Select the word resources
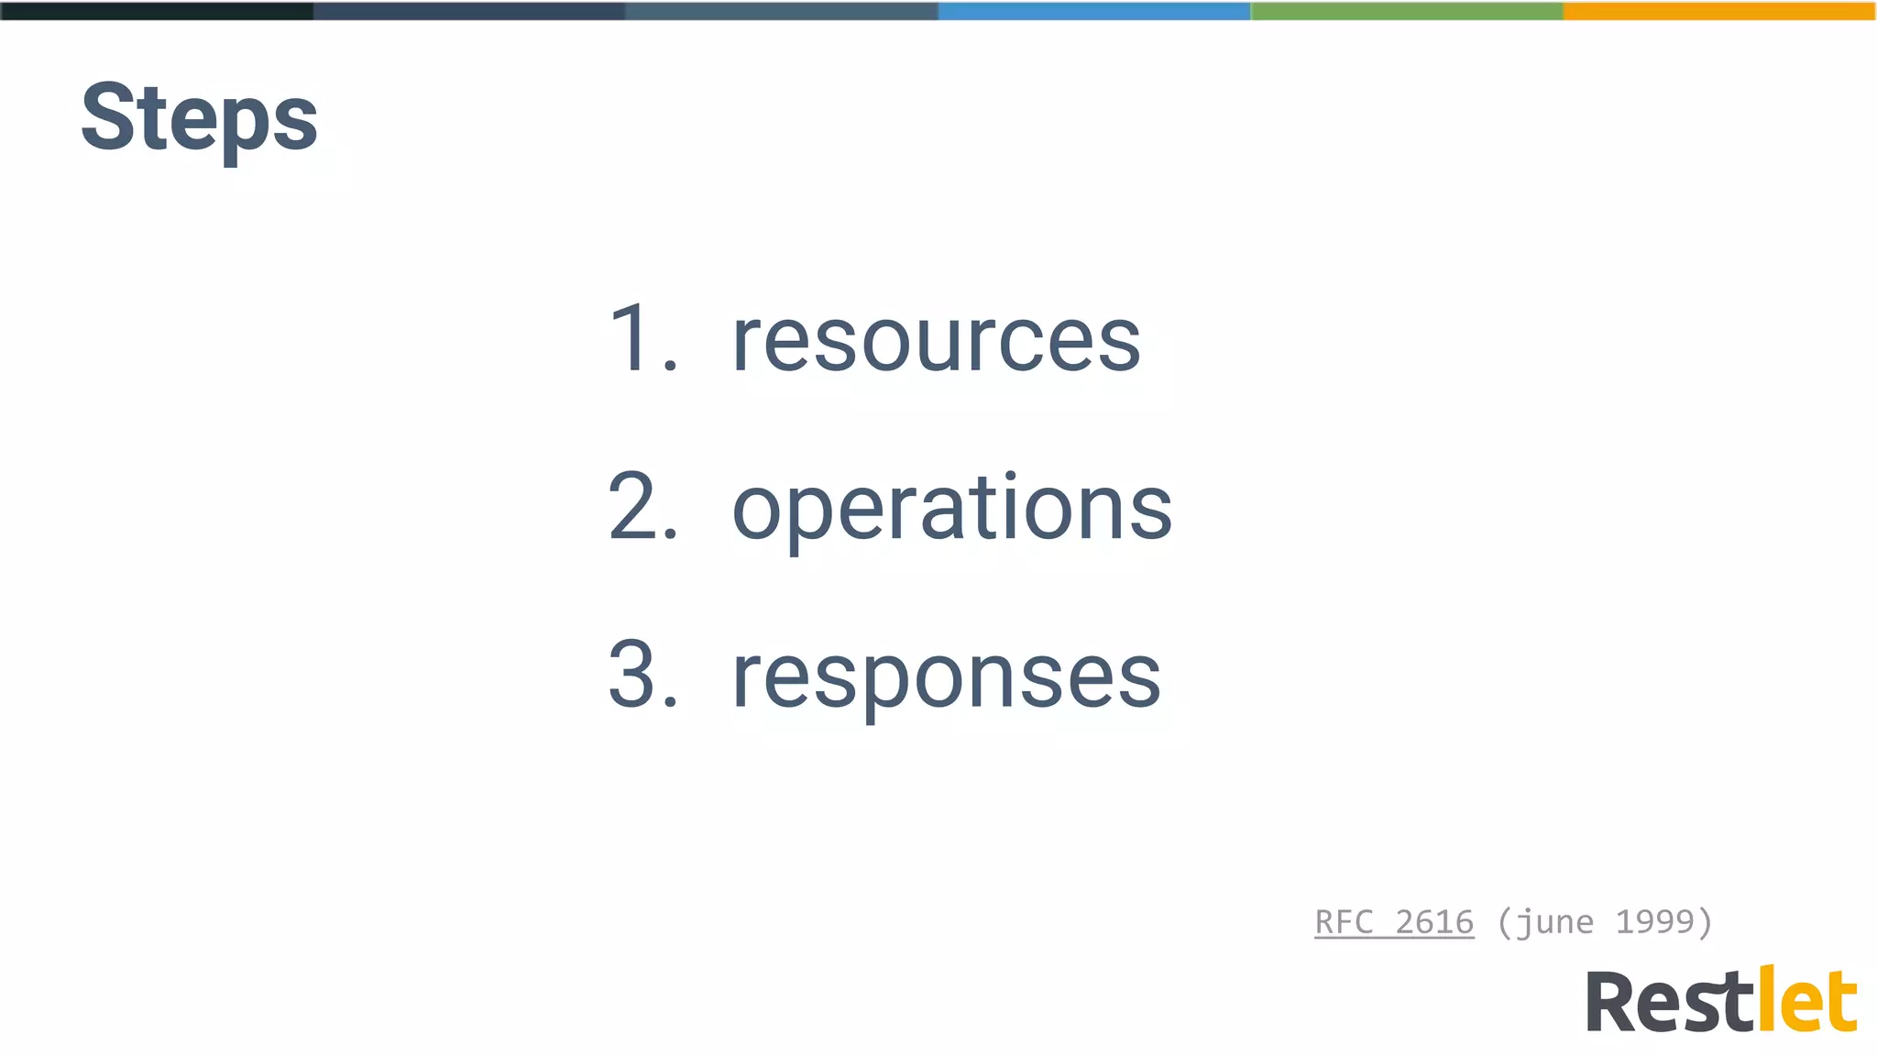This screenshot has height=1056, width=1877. [x=936, y=341]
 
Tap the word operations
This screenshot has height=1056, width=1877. [x=951, y=509]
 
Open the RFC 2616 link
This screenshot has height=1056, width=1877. [x=1394, y=922]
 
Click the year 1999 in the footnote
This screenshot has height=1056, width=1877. [x=1653, y=922]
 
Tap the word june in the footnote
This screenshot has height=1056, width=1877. [x=1555, y=922]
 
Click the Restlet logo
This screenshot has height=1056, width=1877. [x=1721, y=1001]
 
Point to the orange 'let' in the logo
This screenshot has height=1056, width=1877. [x=1806, y=1001]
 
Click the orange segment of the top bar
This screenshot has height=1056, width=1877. [x=1719, y=11]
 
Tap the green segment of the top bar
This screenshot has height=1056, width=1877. [x=1407, y=11]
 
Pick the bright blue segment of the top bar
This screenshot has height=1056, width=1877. [x=1093, y=11]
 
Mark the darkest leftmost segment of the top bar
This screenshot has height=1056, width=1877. [x=156, y=11]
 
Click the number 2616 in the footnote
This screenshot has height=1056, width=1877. [x=1434, y=922]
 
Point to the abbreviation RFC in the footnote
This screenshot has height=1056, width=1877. [x=1344, y=922]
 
